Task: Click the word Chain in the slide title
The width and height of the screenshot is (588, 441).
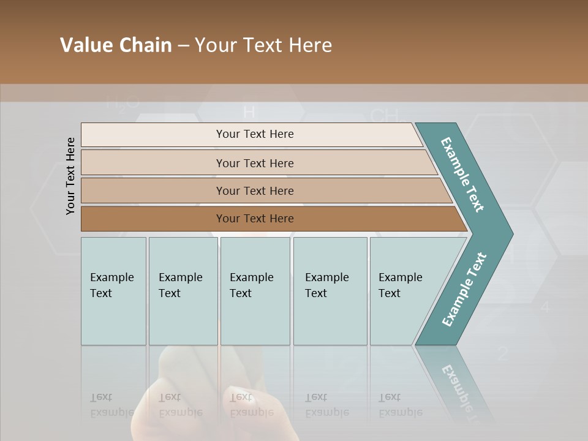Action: point(145,45)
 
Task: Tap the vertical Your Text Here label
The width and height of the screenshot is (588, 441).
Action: point(70,176)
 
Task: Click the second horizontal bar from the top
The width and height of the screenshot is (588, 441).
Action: point(254,163)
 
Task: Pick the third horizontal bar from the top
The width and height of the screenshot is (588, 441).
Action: point(254,190)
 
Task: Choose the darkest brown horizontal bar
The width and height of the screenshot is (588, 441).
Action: point(254,219)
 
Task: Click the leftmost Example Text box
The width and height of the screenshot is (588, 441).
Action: point(113,291)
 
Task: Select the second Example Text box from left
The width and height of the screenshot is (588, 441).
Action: point(183,291)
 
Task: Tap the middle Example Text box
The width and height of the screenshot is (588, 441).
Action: point(255,291)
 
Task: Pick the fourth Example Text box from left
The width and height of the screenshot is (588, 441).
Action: point(330,291)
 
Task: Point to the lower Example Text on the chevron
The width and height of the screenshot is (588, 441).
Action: point(464,290)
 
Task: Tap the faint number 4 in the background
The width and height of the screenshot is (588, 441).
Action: point(545,307)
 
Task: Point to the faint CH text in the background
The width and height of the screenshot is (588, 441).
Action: point(385,115)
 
